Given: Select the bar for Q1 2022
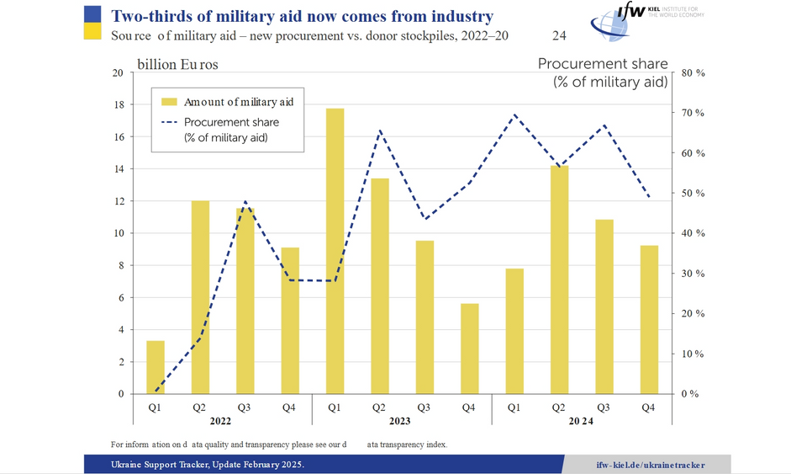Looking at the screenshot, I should (156, 367).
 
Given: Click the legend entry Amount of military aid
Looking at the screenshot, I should (244, 102).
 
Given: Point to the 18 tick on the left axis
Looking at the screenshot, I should (117, 105).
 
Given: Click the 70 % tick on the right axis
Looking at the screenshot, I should (693, 113).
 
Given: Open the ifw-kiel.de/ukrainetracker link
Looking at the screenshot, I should (650, 465).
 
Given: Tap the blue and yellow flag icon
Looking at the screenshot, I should (92, 23).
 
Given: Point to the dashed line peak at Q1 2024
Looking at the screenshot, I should (514, 115).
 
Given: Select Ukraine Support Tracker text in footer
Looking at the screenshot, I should (165, 465).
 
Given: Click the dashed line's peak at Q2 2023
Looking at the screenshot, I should (380, 130).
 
